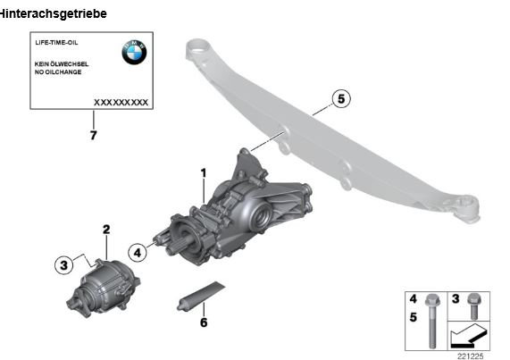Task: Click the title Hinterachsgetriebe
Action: pos(53,13)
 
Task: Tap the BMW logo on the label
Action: pos(134,52)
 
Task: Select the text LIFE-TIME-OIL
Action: pos(56,43)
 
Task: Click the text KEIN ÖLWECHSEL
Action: pos(62,64)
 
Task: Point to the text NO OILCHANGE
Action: pos(58,72)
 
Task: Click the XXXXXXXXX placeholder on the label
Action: pos(121,103)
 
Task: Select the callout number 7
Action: pos(94,135)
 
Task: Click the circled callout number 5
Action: pos(341,98)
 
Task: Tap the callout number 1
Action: pos(204,173)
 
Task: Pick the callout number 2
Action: pos(106,230)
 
